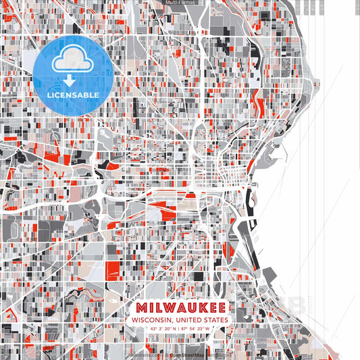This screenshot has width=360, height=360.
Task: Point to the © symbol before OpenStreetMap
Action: [170, 355]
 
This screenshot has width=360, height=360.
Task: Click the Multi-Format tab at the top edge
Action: [180, 3]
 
